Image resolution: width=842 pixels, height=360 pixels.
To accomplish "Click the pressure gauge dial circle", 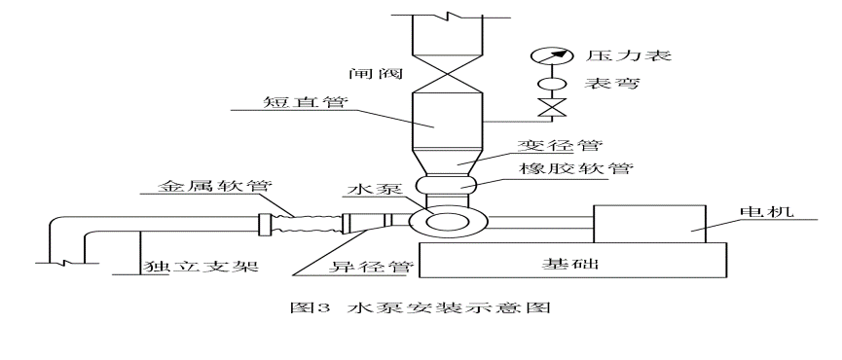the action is pyautogui.click(x=550, y=55).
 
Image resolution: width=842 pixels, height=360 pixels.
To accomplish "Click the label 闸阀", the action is pyautogui.click(x=376, y=72).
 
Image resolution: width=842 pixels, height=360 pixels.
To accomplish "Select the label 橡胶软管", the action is pyautogui.click(x=575, y=169).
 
